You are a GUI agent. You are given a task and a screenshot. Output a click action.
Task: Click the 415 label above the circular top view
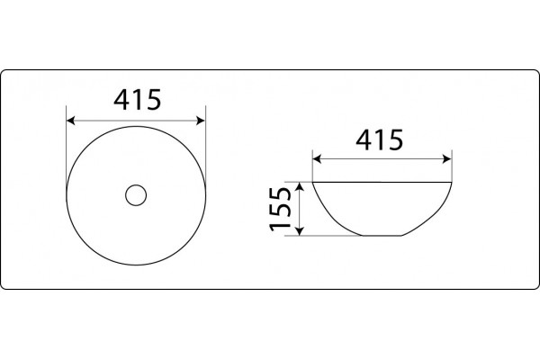137,100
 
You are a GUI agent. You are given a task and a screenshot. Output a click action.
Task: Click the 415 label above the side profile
379,139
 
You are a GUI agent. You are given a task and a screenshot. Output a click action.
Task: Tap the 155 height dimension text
281,209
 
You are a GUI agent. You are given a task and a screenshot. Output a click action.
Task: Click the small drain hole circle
136,195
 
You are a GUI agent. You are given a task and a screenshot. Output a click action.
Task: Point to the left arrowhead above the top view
70,121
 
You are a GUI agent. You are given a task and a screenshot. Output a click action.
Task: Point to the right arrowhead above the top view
201,121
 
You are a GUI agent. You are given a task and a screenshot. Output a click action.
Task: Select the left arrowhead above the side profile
317,159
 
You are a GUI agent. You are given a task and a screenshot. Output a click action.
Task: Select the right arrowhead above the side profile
447,159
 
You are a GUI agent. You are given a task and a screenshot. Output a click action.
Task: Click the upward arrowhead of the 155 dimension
300,186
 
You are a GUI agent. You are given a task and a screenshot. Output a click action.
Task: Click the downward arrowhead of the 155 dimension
300,231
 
